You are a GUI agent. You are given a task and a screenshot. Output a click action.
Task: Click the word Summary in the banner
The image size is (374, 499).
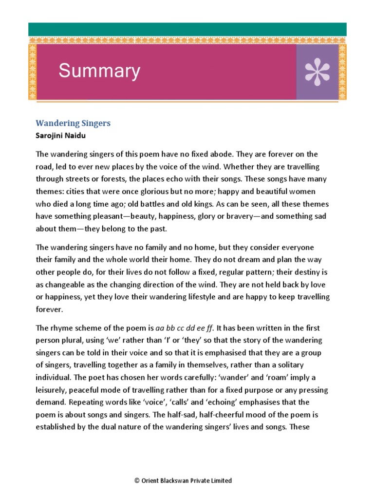(99, 71)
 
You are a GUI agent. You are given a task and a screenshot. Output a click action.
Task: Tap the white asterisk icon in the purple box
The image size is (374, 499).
(317, 72)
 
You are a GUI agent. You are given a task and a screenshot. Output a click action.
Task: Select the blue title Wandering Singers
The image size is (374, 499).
(74, 123)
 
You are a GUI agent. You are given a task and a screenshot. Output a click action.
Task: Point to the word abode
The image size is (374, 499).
(254, 154)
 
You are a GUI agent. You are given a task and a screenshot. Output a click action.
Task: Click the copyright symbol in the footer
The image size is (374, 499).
(137, 480)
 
